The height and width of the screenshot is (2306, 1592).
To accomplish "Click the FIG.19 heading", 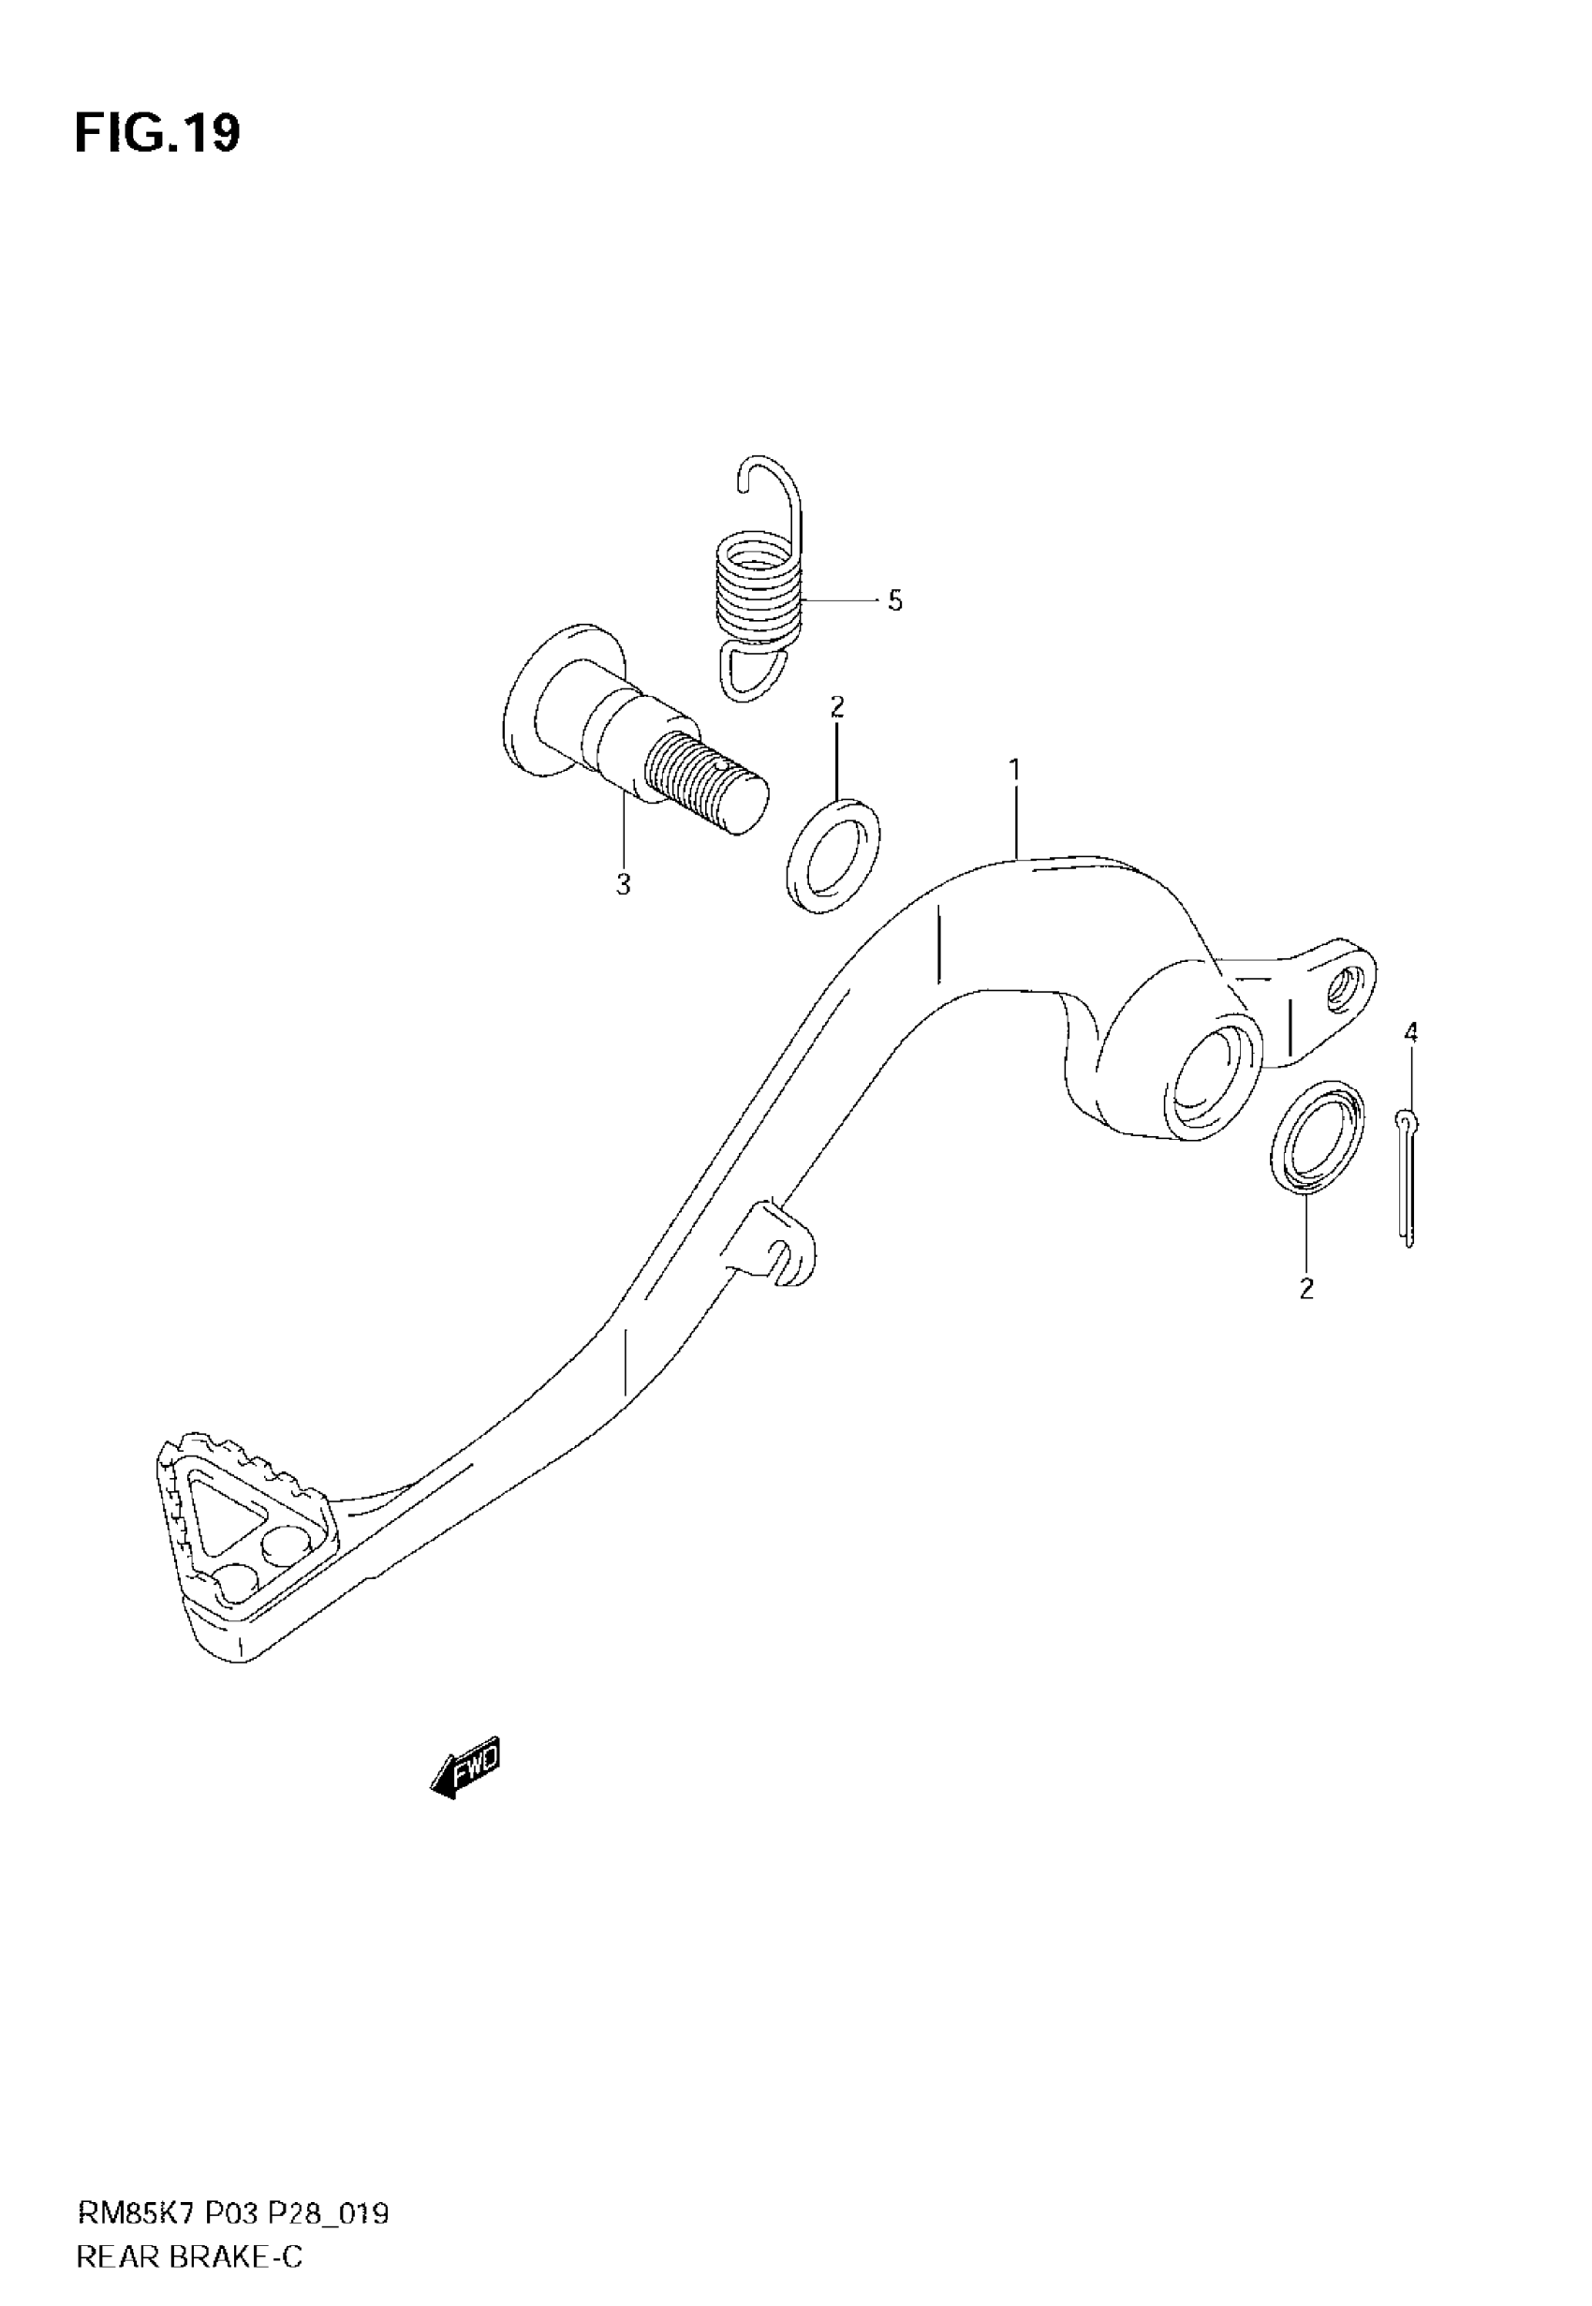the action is pos(156,134).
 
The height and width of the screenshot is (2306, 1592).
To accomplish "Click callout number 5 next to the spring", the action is pos(894,601).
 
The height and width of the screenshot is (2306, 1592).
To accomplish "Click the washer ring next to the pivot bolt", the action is pos(833,855).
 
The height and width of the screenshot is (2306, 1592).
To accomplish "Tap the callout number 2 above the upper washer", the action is pos(837,707).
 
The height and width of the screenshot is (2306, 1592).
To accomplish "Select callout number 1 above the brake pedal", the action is pos(1014,770).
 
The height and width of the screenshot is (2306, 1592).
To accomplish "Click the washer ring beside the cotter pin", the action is pos(1318,1137).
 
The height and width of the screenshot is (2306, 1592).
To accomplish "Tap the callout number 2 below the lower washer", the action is pos(1306,1289).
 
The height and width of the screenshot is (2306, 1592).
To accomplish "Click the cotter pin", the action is pos(1407,1177).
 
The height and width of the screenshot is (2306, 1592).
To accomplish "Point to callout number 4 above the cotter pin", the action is pos(1410,1033).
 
